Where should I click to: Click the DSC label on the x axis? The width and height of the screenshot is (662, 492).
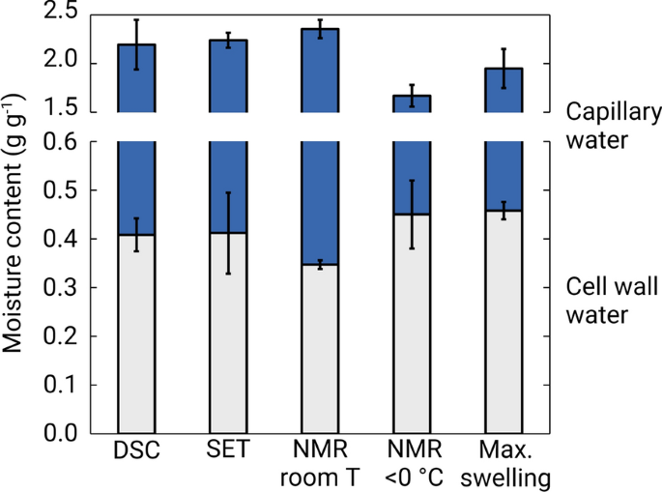[x=135, y=452]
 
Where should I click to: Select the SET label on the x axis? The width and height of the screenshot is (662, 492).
[x=228, y=452]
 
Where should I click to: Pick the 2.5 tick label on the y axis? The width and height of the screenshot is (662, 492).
[x=62, y=14]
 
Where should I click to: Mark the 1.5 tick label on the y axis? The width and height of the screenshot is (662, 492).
[x=62, y=111]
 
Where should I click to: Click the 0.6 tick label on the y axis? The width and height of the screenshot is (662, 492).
[x=62, y=142]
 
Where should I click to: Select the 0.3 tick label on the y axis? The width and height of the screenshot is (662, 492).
[x=62, y=288]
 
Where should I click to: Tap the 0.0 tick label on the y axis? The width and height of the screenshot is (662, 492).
[x=62, y=433]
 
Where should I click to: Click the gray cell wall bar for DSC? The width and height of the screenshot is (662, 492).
[x=135, y=338]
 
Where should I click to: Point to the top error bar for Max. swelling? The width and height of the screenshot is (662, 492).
[x=504, y=69]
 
